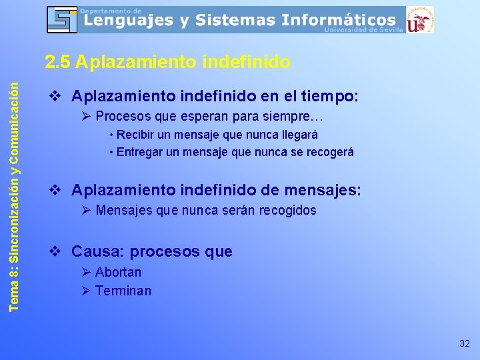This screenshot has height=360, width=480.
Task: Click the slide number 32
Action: coord(465,344)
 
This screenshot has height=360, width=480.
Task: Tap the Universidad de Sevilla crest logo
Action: coord(420,19)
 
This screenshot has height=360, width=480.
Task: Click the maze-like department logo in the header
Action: coord(62,19)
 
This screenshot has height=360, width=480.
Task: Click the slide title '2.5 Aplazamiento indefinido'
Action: coord(167,62)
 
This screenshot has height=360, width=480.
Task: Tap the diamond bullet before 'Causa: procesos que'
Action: coord(57,251)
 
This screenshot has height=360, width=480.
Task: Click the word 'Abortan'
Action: coord(118,272)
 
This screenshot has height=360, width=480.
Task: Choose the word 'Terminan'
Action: coord(123,291)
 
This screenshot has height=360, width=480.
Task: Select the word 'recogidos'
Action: coord(289,211)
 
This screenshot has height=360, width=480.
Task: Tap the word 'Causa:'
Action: coord(98,252)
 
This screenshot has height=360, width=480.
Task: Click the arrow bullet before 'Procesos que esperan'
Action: coord(86,117)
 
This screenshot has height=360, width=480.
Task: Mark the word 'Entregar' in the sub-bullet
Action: coord(138,152)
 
